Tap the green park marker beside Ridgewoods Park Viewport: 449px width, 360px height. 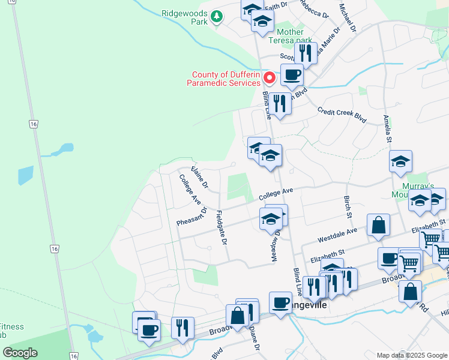[x=217, y=18]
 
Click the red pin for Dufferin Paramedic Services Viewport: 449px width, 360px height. [x=270, y=78]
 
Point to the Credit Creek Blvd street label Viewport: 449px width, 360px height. [x=342, y=115]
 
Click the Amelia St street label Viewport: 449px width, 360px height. [x=388, y=128]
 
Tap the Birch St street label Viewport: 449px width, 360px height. [x=348, y=206]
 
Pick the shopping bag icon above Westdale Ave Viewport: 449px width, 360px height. [x=379, y=226]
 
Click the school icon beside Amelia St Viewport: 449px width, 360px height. [x=400, y=162]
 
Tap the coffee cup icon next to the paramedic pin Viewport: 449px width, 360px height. [x=292, y=75]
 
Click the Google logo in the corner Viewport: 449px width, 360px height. [x=20, y=353]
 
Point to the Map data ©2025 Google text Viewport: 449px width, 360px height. [x=411, y=355]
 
